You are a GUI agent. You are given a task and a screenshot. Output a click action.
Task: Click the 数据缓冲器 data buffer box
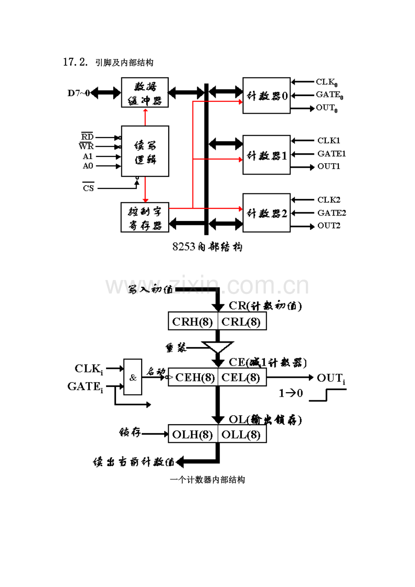(x=145, y=92)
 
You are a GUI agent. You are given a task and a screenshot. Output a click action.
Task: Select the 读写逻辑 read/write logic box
(x=145, y=151)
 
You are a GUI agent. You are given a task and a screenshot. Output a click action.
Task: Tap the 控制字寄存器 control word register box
(x=145, y=217)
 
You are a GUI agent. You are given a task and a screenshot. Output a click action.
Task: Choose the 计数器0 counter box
(x=266, y=96)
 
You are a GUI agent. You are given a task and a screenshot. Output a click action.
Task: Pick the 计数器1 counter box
(x=266, y=154)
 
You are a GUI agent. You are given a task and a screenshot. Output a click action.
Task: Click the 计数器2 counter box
(x=266, y=213)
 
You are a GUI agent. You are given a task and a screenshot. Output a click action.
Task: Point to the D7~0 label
(x=79, y=93)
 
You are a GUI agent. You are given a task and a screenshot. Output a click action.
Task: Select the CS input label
(x=88, y=188)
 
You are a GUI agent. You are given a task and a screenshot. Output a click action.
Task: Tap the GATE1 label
(x=332, y=154)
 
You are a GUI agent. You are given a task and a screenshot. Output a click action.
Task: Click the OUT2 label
(x=329, y=225)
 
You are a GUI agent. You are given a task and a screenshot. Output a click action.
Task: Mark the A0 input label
(x=88, y=165)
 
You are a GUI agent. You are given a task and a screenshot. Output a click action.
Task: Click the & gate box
(x=133, y=377)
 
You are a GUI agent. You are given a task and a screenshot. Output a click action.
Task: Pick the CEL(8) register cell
(x=242, y=377)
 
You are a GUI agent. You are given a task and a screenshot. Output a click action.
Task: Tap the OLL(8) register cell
(x=242, y=434)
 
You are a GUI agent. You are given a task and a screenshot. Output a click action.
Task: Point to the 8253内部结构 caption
(x=207, y=247)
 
